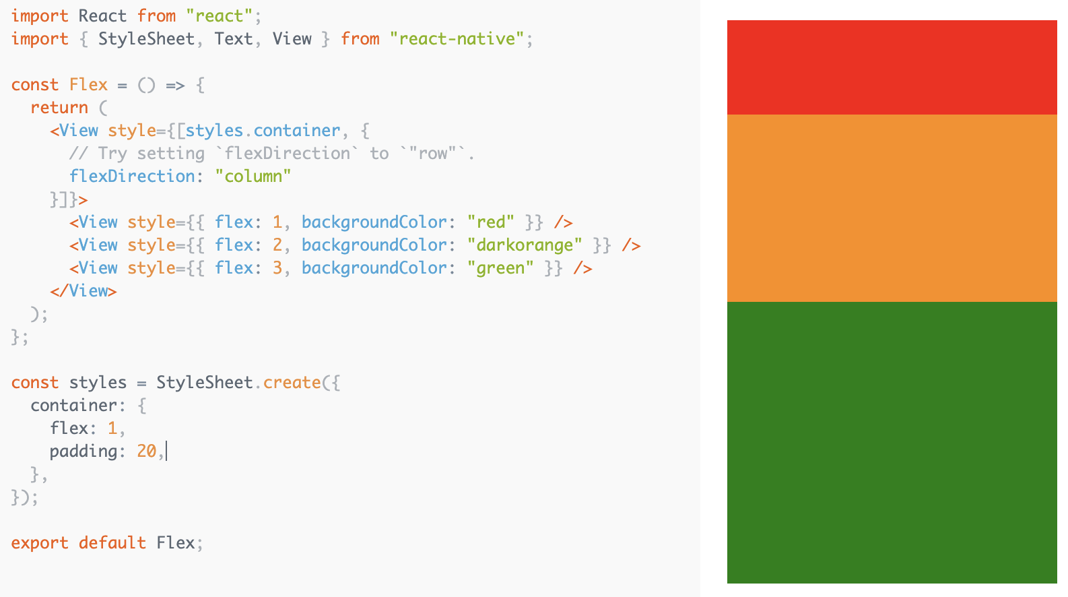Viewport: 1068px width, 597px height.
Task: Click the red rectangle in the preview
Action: pos(892,67)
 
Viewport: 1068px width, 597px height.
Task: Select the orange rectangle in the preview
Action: pos(892,208)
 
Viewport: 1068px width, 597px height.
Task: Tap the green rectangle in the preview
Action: pos(892,442)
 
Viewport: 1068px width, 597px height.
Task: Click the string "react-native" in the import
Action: pos(457,39)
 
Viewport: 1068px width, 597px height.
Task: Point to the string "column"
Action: pos(253,177)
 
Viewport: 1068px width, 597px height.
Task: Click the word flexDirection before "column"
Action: pos(132,177)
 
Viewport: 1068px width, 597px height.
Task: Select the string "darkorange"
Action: pos(525,245)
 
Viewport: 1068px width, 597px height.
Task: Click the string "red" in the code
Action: pos(491,222)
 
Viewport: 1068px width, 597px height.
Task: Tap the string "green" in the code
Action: pos(500,268)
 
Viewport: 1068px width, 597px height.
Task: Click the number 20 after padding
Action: pos(146,451)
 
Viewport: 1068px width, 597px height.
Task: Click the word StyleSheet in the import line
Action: pos(146,39)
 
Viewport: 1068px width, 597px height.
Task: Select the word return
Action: pos(59,108)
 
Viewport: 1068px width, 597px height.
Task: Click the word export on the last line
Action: pos(40,543)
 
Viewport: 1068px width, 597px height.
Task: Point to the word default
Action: pos(112,543)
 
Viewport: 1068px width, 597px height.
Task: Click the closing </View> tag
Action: pos(84,291)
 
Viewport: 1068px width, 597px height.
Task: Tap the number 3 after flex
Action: pos(277,268)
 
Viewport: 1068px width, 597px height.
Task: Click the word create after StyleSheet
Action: pos(292,383)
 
